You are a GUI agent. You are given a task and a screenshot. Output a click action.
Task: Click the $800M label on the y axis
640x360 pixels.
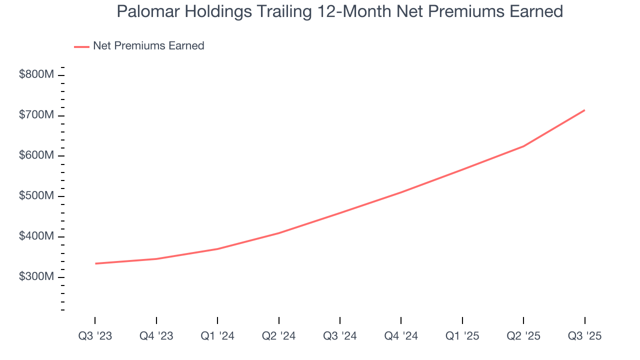point(36,75)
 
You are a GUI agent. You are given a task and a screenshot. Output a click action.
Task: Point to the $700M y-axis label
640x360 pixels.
point(36,115)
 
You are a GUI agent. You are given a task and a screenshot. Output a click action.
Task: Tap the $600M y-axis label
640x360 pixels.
point(36,156)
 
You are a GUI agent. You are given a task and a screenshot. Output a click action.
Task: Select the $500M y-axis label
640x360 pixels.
point(36,196)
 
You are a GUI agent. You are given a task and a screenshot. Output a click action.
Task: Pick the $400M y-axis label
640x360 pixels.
point(36,236)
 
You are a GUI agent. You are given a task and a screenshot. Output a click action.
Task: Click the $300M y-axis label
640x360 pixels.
point(36,277)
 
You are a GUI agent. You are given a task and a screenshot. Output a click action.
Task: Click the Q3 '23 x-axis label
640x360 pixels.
point(95,336)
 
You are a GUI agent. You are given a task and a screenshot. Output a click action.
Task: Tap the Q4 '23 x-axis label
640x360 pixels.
point(156,336)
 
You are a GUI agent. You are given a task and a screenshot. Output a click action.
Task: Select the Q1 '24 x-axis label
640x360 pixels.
point(217,336)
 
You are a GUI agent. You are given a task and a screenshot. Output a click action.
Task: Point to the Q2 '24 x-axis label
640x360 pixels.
point(279,336)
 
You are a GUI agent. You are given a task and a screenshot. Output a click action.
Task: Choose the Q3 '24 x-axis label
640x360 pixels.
point(340,336)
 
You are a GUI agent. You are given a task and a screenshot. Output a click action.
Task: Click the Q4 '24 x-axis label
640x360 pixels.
point(401,336)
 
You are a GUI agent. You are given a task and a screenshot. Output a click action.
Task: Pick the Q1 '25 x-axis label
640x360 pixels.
point(462,336)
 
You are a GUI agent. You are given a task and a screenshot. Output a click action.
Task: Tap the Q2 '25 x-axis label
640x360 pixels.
point(523,336)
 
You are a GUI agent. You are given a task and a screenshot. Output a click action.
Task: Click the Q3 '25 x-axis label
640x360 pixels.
point(585,336)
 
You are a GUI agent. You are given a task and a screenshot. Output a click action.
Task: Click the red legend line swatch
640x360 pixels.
point(81,46)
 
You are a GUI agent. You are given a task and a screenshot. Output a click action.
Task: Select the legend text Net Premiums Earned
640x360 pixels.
point(148,46)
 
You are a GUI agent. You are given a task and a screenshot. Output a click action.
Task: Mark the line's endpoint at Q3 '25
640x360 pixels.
point(584,110)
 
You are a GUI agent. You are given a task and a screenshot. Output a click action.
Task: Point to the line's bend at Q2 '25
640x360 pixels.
point(523,146)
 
